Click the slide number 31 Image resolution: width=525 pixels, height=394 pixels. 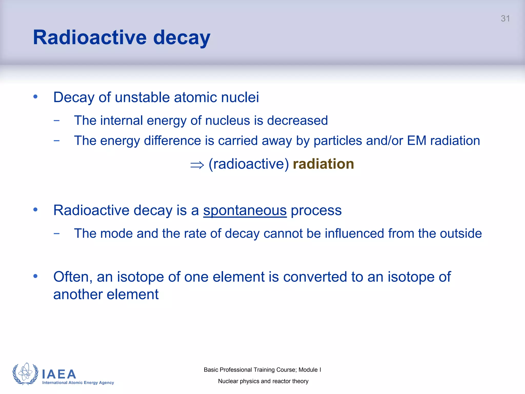pyautogui.click(x=505, y=18)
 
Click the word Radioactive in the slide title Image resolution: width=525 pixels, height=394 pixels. pyautogui.click(x=90, y=37)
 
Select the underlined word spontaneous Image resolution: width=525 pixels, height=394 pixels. pyautogui.click(x=245, y=210)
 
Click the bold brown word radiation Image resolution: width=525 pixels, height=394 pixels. pyautogui.click(x=323, y=164)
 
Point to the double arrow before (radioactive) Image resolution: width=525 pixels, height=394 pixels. pyautogui.click(x=197, y=165)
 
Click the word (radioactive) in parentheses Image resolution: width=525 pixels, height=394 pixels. pyautogui.click(x=249, y=164)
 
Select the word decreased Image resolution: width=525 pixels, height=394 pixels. pyautogui.click(x=297, y=121)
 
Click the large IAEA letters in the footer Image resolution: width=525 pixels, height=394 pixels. pyautogui.click(x=59, y=374)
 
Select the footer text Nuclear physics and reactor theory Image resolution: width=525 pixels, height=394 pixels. pyautogui.click(x=263, y=381)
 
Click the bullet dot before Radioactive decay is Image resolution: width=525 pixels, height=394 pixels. pyautogui.click(x=35, y=210)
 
